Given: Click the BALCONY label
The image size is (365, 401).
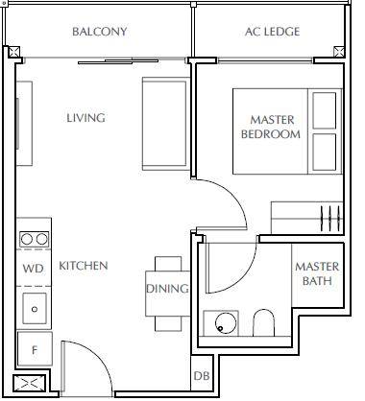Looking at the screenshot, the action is click(x=100, y=32).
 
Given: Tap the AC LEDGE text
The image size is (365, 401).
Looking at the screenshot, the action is click(x=273, y=32).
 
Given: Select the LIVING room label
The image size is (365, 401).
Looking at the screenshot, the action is click(x=85, y=118).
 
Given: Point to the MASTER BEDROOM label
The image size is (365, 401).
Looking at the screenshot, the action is click(x=271, y=127).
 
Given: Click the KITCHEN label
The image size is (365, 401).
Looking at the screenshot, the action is click(x=84, y=266).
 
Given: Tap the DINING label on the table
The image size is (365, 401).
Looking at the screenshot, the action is click(x=167, y=289).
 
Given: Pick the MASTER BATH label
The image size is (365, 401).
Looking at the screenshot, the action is click(x=317, y=273).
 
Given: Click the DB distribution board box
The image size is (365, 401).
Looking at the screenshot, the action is click(x=202, y=376).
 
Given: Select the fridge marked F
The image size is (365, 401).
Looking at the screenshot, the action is click(x=35, y=349).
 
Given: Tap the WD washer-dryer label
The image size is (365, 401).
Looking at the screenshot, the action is click(x=34, y=269).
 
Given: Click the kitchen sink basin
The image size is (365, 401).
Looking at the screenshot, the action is click(x=35, y=309).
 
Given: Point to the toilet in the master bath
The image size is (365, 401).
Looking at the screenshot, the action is click(x=264, y=322).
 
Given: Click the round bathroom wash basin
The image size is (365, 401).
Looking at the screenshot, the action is click(x=227, y=323).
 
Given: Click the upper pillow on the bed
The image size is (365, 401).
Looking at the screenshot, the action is click(x=325, y=110).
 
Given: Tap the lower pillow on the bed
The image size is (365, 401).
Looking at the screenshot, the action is click(x=325, y=153).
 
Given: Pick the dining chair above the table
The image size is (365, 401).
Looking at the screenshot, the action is click(x=168, y=264).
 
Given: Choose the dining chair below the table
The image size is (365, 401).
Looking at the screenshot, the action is click(x=168, y=323).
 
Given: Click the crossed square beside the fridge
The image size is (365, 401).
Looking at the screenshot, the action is click(x=30, y=383).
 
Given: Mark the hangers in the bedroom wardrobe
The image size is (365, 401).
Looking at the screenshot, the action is click(x=330, y=219).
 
